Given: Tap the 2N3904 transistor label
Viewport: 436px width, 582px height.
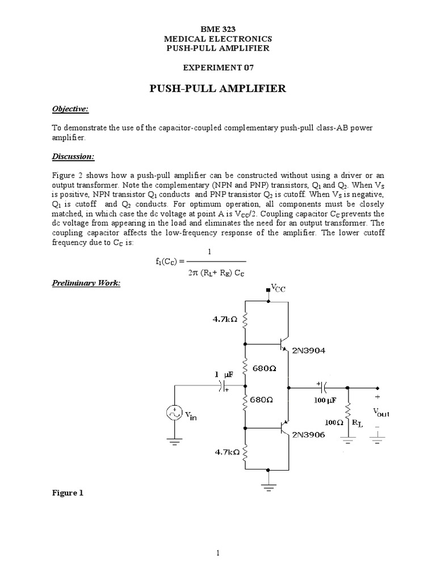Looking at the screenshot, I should tap(309, 351).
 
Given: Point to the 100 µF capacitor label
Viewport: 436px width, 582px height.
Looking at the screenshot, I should tap(325, 400).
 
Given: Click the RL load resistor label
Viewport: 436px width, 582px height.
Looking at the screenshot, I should tap(358, 423).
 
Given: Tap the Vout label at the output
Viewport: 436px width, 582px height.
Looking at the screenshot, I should tap(381, 413).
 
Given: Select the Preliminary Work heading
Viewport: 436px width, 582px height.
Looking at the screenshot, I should tap(86, 283).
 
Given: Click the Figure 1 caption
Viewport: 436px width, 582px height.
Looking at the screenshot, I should tap(68, 493).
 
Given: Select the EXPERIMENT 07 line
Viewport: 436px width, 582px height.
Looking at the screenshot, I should tap(217, 68).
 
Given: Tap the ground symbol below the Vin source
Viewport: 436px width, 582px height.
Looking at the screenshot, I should tap(174, 438).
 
